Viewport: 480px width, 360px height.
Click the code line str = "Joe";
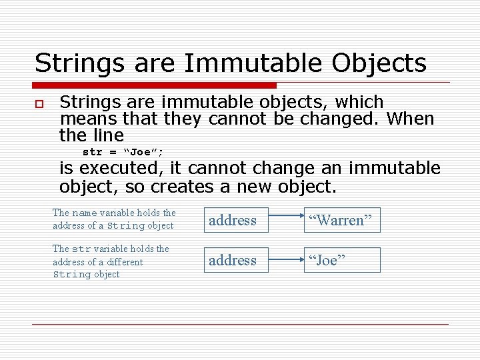coord(123,152)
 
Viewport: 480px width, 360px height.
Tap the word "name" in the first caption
coord(85,213)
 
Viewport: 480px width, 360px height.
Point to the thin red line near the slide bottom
coord(240,325)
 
